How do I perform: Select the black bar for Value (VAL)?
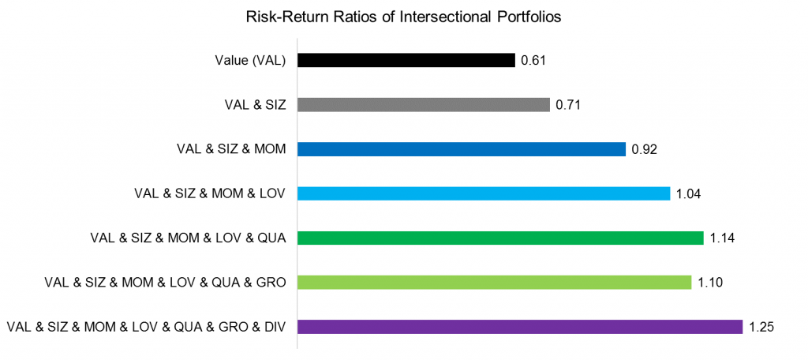click(406, 60)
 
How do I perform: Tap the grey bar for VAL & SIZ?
click(423, 104)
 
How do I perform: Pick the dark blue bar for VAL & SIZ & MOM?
click(461, 149)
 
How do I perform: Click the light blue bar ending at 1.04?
click(483, 193)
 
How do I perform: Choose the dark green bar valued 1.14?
click(499, 238)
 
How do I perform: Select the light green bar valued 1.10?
click(494, 282)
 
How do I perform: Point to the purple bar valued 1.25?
click(519, 326)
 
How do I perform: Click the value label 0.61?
click(533, 60)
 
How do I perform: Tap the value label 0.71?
click(568, 104)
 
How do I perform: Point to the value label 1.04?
click(689, 193)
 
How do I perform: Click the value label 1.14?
click(723, 238)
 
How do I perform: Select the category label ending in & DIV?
click(146, 326)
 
